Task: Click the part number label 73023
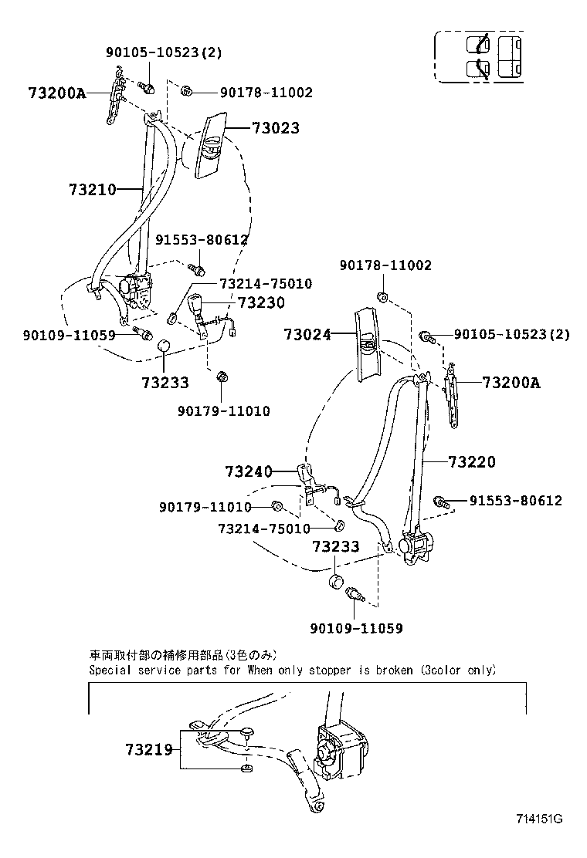(275, 128)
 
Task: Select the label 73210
(92, 189)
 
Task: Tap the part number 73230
(261, 303)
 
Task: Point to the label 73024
(307, 334)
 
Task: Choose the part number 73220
(472, 462)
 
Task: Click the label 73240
(249, 471)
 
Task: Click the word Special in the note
(112, 671)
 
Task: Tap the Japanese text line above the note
(182, 655)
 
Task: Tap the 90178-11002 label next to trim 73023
(255, 93)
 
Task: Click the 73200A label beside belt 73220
(511, 382)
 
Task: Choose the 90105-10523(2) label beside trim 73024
(511, 334)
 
